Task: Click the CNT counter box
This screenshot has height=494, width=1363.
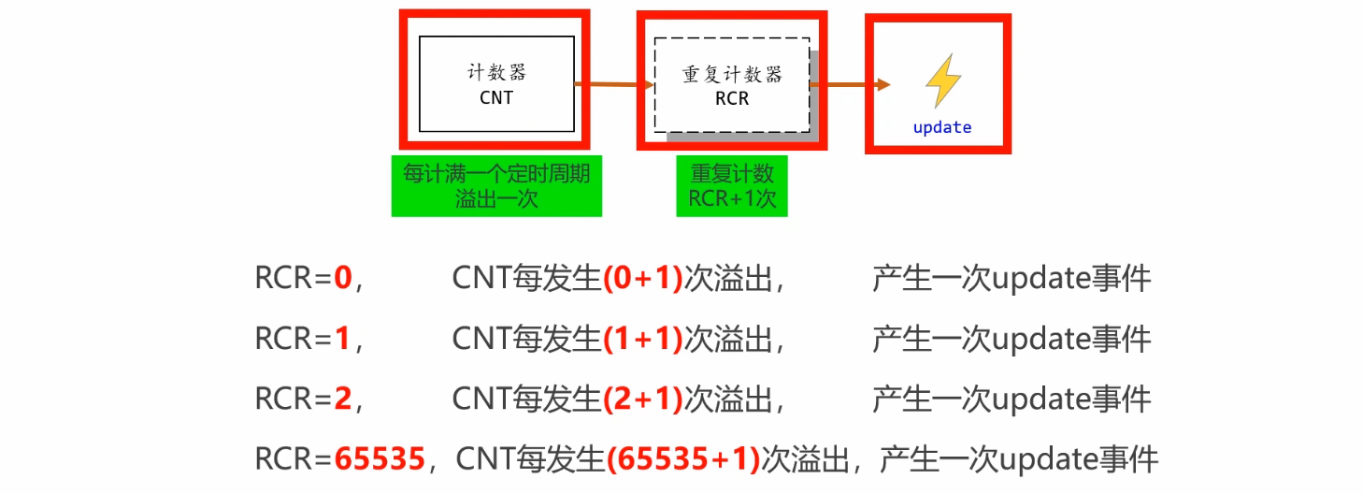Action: [496, 83]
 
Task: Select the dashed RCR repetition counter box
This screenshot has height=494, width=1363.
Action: [732, 85]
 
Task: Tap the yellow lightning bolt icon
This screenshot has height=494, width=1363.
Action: [942, 81]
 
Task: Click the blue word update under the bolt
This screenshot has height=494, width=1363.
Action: [941, 127]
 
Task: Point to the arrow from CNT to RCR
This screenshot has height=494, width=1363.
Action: [613, 85]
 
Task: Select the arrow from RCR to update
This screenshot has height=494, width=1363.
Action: [851, 85]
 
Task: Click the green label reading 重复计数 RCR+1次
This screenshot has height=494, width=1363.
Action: [732, 186]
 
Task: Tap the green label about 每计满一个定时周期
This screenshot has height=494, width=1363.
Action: [496, 186]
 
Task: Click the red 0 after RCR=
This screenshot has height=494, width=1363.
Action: [342, 279]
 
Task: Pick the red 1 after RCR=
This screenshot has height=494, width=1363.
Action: [342, 339]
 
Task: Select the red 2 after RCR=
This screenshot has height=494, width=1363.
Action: [342, 400]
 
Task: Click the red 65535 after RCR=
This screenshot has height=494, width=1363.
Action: [379, 459]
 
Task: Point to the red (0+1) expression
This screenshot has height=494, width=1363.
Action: [642, 279]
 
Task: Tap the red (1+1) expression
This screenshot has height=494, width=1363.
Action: [642, 339]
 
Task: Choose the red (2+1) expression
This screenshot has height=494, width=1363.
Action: [642, 400]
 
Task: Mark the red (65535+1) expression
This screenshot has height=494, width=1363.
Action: [683, 459]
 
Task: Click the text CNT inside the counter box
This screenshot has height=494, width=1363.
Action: [496, 97]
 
